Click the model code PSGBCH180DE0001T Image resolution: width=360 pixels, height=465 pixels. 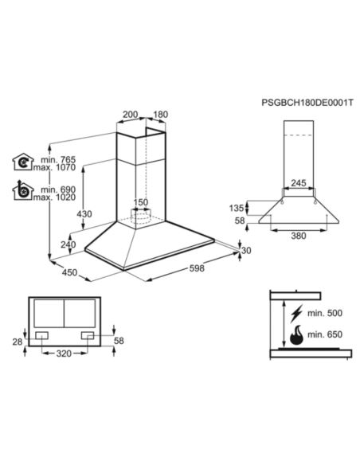[x=307, y=104]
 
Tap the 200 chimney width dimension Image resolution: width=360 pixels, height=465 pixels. [x=130, y=115]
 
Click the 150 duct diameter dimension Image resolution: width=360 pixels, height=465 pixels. [x=140, y=202]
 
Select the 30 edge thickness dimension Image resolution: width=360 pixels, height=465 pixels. [x=246, y=250]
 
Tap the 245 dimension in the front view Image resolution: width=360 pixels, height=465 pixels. [x=298, y=184]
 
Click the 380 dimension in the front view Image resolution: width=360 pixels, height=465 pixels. [x=298, y=236]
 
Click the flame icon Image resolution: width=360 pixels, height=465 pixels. [x=296, y=335]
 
